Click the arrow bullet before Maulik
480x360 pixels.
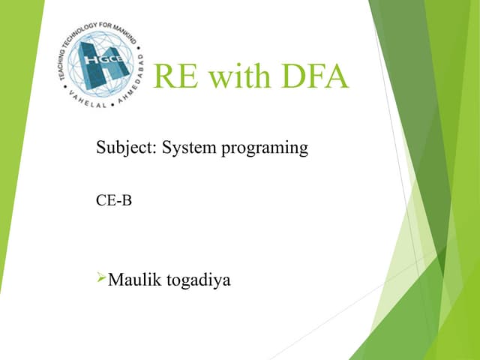pos(102,280)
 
